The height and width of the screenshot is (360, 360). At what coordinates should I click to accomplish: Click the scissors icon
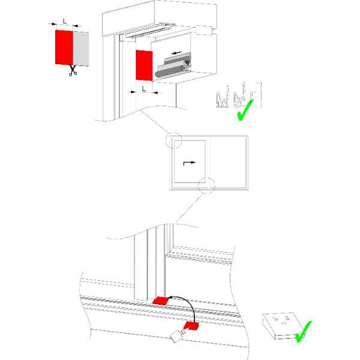coord(73,70)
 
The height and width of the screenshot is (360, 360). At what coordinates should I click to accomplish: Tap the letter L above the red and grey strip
coord(65,22)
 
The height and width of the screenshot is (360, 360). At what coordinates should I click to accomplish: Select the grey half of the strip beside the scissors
coord(81,49)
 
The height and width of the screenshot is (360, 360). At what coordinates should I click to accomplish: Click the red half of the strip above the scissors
coord(64,47)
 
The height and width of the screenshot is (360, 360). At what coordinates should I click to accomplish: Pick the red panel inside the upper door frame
coord(144,65)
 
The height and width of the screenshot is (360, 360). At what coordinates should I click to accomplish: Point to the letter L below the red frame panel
coord(144,89)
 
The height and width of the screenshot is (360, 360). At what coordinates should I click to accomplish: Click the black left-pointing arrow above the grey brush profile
coord(176,53)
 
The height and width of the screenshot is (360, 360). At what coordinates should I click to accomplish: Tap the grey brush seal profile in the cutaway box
coord(173,65)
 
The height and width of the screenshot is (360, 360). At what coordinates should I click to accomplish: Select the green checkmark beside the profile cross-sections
coord(245,110)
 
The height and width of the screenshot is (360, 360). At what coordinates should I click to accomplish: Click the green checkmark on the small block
coord(303,332)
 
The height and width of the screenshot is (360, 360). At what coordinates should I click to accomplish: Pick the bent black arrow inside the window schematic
coord(189,163)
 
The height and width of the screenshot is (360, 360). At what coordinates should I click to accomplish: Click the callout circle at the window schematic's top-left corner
coord(173,140)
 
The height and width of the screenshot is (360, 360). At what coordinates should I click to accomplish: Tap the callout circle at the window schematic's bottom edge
coord(206,185)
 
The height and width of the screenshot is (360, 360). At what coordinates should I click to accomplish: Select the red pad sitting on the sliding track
coord(161,301)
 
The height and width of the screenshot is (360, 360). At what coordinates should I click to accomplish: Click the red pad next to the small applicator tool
coord(191,326)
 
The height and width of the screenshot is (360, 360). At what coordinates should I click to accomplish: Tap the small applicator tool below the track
coord(178,335)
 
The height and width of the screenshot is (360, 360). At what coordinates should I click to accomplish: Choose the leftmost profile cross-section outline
coord(223,97)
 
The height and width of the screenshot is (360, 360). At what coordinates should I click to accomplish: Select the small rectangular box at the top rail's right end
coord(204,31)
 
